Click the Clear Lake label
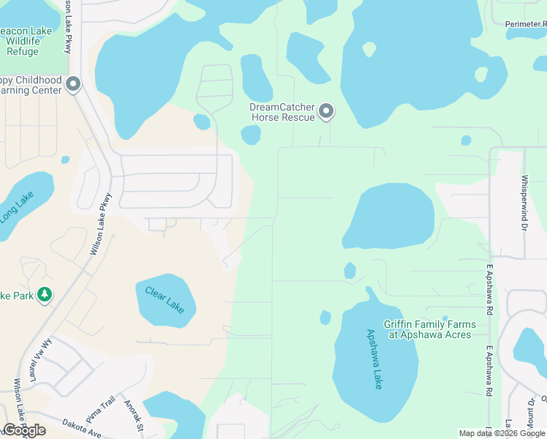click(x=165, y=301)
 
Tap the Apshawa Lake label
click(x=374, y=359)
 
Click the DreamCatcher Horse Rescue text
click(x=282, y=112)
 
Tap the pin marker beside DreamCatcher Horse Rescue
click(x=326, y=111)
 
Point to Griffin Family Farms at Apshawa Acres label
click(x=429, y=329)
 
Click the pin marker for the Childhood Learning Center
click(x=72, y=84)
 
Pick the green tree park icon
click(x=45, y=294)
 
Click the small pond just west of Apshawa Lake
click(x=325, y=318)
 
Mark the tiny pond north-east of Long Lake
click(x=65, y=160)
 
